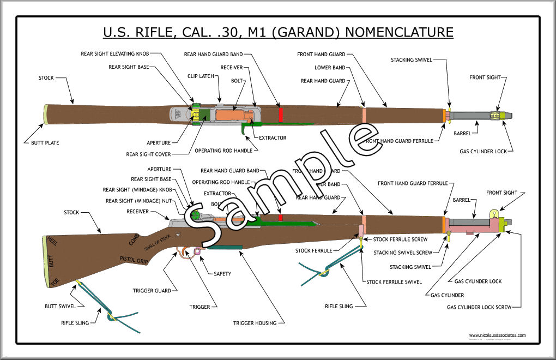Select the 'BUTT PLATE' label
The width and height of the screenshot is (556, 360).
(41, 143)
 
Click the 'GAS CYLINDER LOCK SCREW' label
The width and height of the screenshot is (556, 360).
(479, 307)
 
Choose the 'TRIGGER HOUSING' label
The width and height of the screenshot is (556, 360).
(255, 323)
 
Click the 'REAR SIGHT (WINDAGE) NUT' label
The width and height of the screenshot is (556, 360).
(139, 201)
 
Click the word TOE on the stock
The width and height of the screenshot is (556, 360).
(53, 283)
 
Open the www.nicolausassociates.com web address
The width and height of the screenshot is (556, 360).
(497, 335)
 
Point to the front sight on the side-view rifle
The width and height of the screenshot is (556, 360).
(494, 215)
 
